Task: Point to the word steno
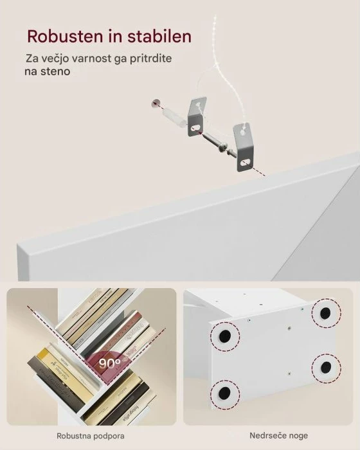click(56, 72)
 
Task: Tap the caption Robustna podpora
click(91, 435)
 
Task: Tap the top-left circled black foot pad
click(224, 336)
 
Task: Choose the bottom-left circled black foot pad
click(223, 392)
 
